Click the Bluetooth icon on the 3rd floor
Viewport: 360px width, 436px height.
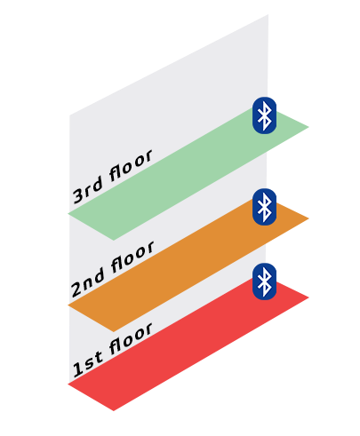(264, 115)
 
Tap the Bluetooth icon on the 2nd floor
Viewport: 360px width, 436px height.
(264, 207)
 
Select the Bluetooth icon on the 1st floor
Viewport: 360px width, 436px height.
(264, 281)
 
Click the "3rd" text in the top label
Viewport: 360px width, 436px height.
(88, 191)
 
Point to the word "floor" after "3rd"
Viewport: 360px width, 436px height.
(131, 165)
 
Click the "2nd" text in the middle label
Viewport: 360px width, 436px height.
(88, 283)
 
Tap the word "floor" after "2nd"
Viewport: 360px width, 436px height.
(132, 257)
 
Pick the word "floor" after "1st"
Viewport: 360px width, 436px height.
(131, 338)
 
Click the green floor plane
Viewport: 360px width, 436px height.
(188, 175)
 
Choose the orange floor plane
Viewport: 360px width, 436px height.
(188, 266)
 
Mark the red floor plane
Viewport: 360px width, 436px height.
(188, 345)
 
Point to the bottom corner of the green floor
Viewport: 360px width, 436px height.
(114, 241)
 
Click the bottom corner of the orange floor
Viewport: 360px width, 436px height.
(114, 332)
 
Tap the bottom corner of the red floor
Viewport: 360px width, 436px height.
(114, 411)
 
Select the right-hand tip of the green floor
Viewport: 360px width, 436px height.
(308, 127)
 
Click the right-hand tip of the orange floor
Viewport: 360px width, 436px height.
(308, 218)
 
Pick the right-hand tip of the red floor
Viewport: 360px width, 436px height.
(308, 297)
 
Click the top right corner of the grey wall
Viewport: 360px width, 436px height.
(268, 14)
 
